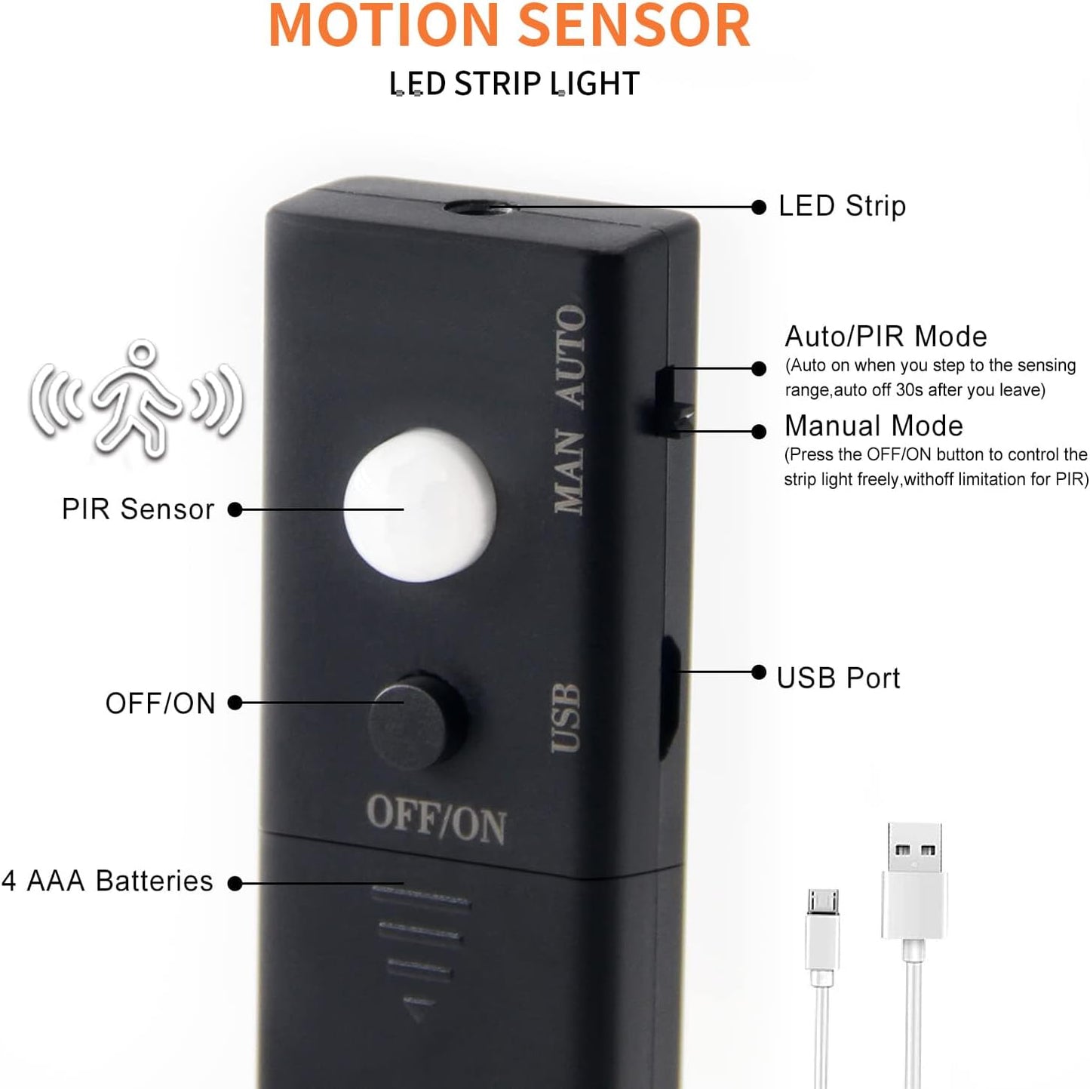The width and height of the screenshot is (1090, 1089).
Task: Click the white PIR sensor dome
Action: (419, 504)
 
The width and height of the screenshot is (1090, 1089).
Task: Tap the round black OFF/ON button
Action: (417, 721)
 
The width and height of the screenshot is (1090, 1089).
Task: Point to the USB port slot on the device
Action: (671, 697)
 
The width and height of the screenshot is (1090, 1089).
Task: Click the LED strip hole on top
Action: (481, 208)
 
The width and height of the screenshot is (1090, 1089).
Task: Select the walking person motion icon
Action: (137, 398)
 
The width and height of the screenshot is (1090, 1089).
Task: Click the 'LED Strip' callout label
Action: (842, 206)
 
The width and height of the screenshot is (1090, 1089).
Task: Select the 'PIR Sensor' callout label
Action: (138, 509)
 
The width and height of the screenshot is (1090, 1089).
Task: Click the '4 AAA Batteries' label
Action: (107, 881)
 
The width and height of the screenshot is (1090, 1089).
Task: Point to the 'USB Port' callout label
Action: (838, 678)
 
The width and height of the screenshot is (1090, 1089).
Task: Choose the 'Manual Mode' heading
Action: (874, 426)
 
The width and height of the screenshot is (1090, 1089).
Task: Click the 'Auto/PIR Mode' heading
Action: (886, 337)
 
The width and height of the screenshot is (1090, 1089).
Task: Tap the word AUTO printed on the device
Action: (570, 355)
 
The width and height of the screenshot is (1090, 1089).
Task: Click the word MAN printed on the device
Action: (569, 472)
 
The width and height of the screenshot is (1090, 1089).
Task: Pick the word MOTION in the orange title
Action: (384, 26)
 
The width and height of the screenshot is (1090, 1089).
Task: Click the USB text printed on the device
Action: (566, 718)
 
